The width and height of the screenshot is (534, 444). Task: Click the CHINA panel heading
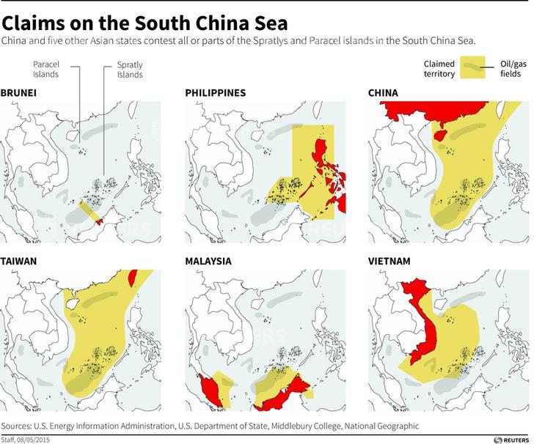pyautogui.click(x=384, y=94)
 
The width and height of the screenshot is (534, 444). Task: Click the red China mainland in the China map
pyautogui.click(x=425, y=114)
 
